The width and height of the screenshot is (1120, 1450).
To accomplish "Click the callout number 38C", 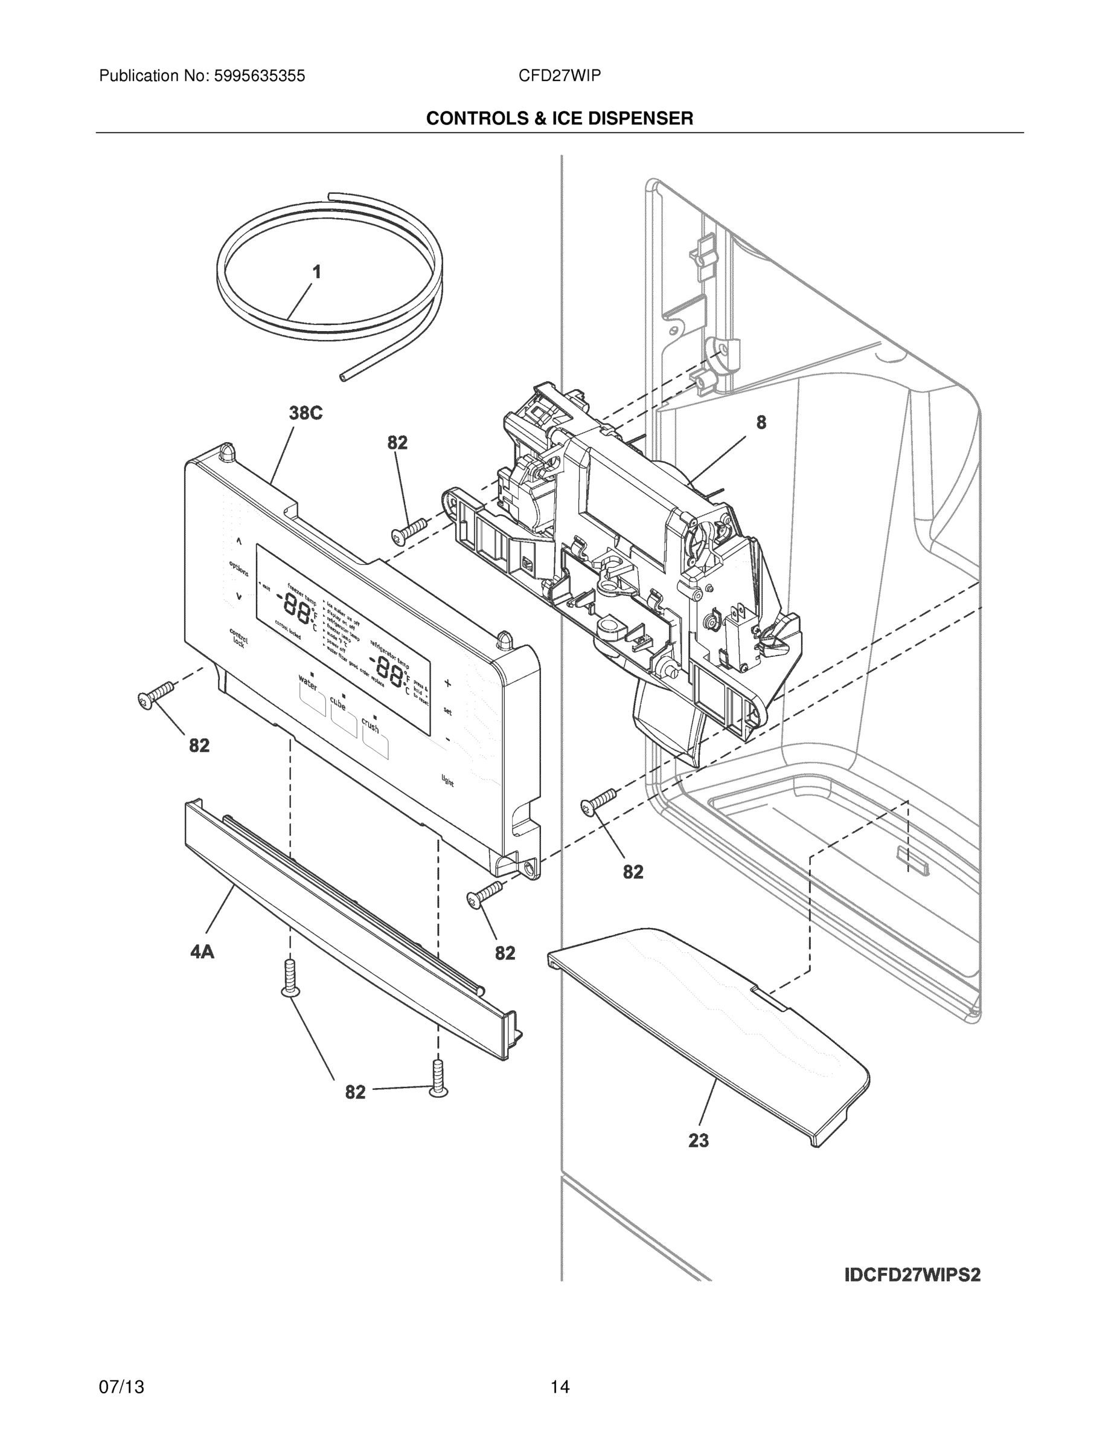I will (306, 413).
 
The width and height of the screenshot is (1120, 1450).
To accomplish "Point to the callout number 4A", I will (202, 952).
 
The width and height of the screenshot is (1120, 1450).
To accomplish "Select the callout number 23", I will (698, 1140).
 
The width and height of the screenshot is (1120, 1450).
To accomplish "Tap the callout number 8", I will (761, 422).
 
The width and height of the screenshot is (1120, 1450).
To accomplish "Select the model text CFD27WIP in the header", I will (559, 76).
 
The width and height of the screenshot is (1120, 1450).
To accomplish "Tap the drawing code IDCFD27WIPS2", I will (912, 1275).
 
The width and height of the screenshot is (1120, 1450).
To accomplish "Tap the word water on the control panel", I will (308, 682).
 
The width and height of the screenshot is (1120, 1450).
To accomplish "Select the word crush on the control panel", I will (370, 726).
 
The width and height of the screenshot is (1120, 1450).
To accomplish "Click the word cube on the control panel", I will (338, 703).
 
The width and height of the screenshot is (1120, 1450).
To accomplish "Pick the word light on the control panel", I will (448, 781).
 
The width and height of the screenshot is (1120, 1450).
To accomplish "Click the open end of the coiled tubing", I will (342, 377).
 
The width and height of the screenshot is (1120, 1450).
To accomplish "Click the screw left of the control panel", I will (154, 694).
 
